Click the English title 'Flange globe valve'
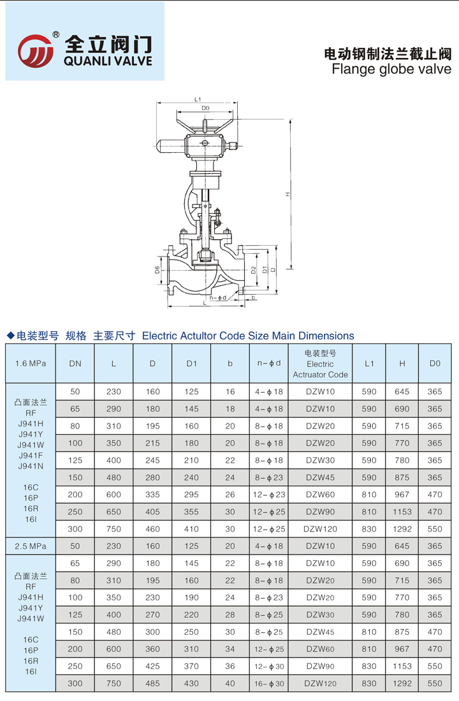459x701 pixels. (x=391, y=69)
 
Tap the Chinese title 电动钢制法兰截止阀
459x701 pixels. (x=388, y=53)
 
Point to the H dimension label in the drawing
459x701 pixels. (x=288, y=194)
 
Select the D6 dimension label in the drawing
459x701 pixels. (x=157, y=270)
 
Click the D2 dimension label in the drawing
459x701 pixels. (x=253, y=270)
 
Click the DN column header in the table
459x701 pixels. (x=75, y=364)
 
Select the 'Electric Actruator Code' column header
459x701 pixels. (x=320, y=364)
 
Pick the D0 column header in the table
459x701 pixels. (x=435, y=364)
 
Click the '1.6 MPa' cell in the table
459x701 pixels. (x=31, y=364)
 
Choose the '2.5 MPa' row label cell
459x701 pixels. (x=31, y=546)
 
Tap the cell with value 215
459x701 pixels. (x=152, y=443)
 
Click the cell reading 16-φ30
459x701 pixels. (x=269, y=683)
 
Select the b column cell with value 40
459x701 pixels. (x=230, y=683)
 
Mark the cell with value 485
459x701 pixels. (x=152, y=683)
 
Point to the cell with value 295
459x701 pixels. (x=192, y=495)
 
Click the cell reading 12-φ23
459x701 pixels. (x=269, y=495)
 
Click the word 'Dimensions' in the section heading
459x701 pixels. (x=324, y=336)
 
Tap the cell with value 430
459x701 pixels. (x=192, y=683)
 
